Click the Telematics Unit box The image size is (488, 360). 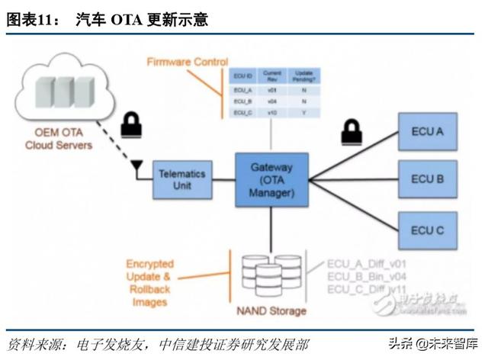coord(181,180)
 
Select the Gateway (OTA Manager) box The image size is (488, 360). coord(271,179)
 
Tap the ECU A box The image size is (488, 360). coord(427,132)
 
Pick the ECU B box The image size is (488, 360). coord(427,179)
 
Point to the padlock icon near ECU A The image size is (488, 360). coord(352,132)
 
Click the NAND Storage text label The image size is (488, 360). coord(271,311)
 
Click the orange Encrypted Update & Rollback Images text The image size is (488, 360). coord(149,283)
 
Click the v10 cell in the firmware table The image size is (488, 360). coord(272,113)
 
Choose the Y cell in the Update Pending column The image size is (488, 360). coord(303,113)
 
